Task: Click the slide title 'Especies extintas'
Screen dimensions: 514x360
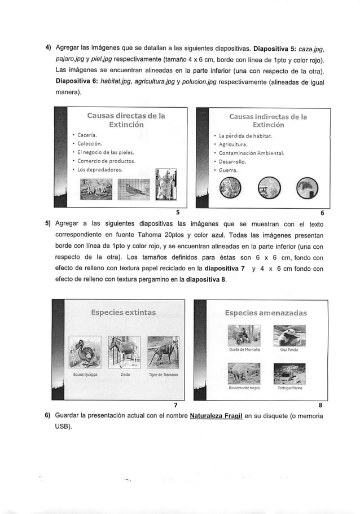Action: (124, 312)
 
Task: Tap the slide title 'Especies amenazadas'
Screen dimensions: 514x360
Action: (265, 312)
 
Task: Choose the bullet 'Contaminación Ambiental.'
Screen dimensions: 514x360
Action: (251, 152)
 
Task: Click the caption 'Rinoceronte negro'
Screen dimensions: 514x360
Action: (243, 388)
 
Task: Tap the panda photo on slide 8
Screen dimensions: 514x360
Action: (288, 336)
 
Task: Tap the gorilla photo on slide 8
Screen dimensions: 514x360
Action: (244, 336)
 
